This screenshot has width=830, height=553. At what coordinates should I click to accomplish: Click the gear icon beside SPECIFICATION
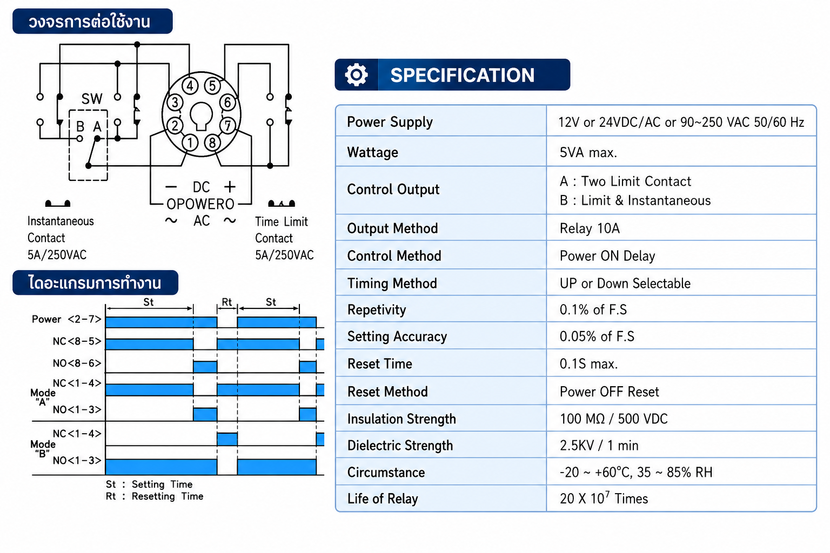pos(356,75)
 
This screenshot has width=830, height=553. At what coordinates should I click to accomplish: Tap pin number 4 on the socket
pos(190,86)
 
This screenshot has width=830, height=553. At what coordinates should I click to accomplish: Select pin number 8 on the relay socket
pos(212,143)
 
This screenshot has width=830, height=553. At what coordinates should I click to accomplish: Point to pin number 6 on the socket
pos(228,103)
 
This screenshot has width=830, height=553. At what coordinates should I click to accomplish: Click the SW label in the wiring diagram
pos(91,99)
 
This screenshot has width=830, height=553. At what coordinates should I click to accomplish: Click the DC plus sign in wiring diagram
pos(230,187)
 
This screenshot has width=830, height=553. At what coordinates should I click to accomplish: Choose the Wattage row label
pos(372,152)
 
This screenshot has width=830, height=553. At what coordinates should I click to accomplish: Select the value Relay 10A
pos(590,228)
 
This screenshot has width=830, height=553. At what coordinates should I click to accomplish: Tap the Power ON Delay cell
pos(607,256)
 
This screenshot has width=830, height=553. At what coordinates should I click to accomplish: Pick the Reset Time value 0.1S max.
pos(588,364)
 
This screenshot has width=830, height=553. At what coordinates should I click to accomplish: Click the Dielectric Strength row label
pos(400,446)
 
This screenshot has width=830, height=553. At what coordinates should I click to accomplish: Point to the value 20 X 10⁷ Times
pos(604,498)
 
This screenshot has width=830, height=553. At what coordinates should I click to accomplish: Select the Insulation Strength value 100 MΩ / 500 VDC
pos(614,419)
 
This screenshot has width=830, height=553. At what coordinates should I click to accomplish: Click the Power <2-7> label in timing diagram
pos(66,319)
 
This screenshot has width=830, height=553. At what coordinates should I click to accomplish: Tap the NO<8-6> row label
pos(77,363)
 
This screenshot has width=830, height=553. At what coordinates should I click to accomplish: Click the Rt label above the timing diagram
pos(227,302)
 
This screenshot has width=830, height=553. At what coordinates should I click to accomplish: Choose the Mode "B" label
pos(43,449)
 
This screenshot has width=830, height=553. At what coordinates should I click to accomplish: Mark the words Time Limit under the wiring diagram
pos(281,221)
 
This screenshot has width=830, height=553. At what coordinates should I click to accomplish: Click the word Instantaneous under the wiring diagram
pos(61,221)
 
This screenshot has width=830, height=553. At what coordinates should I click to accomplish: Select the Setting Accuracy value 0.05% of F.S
pos(597,336)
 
